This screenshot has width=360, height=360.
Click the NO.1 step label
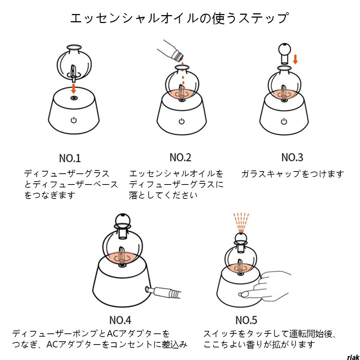[70, 158]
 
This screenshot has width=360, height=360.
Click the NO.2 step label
[181, 157]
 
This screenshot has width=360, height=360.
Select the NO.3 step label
[292, 157]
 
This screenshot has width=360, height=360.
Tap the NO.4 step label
[120, 320]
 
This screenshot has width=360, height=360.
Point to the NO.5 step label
[246, 320]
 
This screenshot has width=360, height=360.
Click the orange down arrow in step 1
[73, 88]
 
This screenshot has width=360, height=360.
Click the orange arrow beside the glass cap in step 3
[296, 59]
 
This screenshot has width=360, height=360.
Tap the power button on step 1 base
[73, 120]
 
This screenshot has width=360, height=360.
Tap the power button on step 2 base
[182, 121]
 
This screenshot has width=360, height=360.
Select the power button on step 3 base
[284, 121]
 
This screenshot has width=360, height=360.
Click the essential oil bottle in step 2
[171, 51]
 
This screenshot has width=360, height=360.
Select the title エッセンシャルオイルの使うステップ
[179, 18]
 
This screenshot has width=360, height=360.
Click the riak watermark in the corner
[353, 357]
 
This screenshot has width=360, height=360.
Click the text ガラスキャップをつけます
[292, 174]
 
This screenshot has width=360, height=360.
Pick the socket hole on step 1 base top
[73, 98]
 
